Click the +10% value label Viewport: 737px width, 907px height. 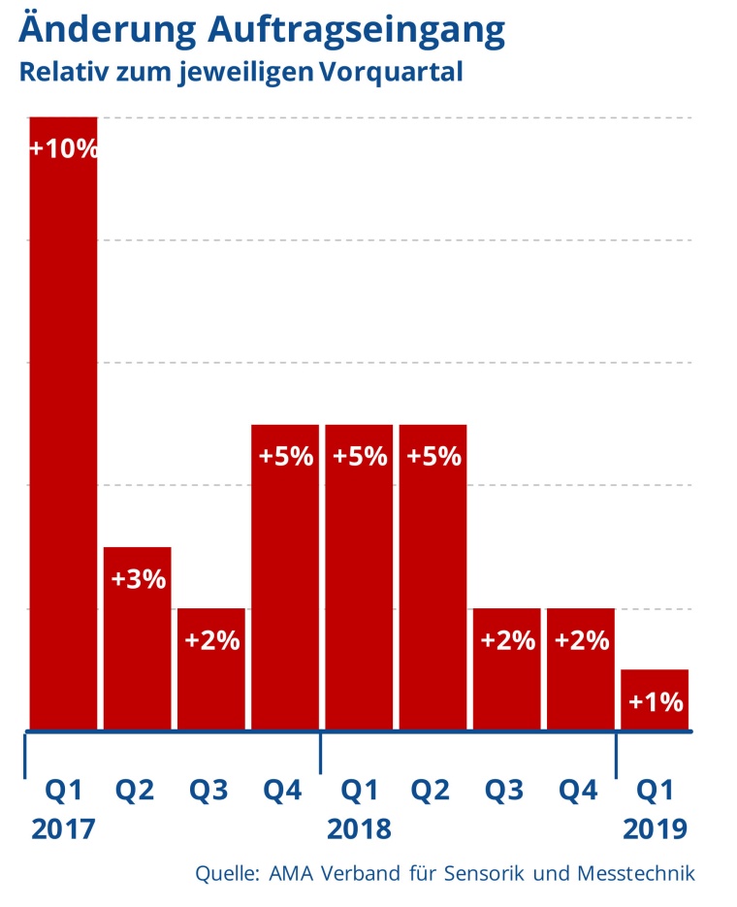[63, 148]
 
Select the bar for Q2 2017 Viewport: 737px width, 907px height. [138, 650]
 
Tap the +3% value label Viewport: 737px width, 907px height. [138, 579]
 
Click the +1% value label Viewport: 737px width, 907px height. [655, 700]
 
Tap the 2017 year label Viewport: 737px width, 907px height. [63, 829]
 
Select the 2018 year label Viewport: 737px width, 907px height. [359, 829]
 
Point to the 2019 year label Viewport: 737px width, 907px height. [655, 829]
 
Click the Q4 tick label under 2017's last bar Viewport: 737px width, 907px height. [285, 791]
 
